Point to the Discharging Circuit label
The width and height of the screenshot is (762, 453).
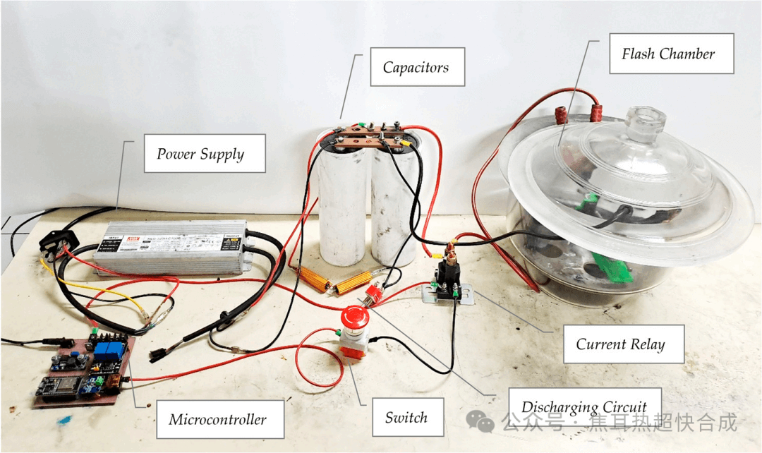point(583,407)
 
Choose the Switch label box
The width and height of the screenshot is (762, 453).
point(406,417)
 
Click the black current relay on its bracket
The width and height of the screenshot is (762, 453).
point(448,275)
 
